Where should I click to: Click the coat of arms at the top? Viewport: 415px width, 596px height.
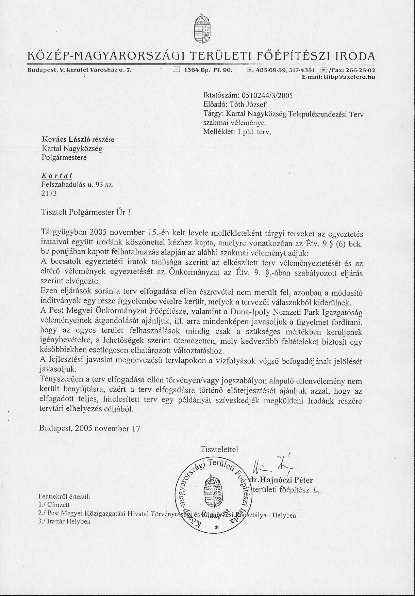(x=201, y=30)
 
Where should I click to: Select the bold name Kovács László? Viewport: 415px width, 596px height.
(x=66, y=139)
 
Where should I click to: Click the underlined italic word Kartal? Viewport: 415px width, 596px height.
(x=56, y=176)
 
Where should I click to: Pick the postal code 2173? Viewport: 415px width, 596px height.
(x=49, y=194)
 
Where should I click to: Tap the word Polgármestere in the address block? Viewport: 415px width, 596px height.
(x=64, y=157)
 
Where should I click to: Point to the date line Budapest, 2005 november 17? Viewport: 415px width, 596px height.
(x=89, y=428)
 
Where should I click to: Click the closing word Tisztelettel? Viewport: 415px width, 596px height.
(x=219, y=449)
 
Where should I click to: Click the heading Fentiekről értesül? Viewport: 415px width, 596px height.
(x=64, y=497)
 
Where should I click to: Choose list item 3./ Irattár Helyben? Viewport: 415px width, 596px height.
(x=65, y=521)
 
